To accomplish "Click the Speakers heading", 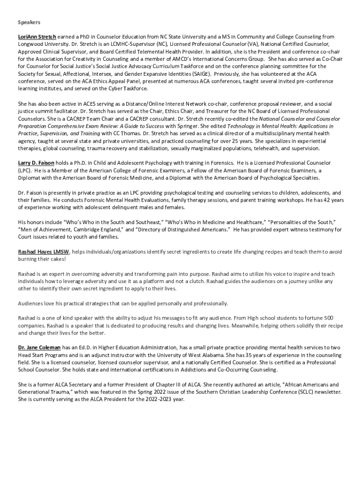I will (29, 22).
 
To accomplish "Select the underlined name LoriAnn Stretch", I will (37, 36).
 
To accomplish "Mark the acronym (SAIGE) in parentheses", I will (199, 74).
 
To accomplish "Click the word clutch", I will (202, 281).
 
